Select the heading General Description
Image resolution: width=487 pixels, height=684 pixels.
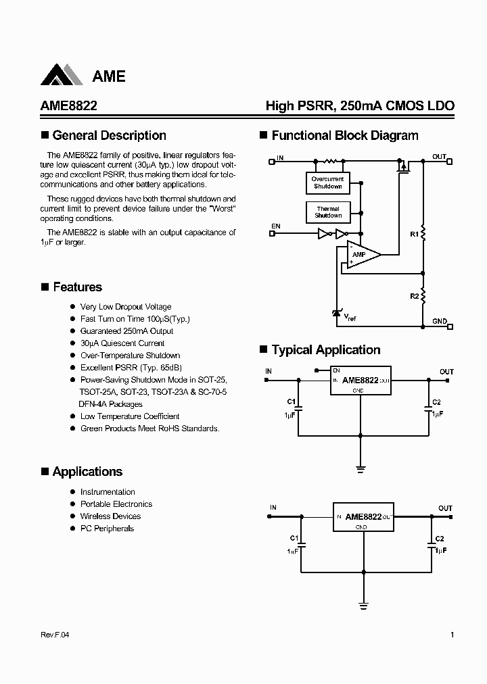109,135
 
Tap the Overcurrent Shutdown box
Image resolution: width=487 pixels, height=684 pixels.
327,182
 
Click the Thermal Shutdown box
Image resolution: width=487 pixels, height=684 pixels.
327,212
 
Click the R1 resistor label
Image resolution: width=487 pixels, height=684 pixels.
414,234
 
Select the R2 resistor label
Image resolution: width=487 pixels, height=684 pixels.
414,296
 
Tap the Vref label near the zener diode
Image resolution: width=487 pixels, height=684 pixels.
350,316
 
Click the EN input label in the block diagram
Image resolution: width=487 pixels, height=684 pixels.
276,226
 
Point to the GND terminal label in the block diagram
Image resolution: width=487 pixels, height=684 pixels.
440,322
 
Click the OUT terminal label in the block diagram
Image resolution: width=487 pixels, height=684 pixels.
440,157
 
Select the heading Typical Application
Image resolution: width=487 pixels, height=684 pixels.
325,350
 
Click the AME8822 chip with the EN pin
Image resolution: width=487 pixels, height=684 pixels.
361,381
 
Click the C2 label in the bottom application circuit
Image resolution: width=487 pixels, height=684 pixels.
440,539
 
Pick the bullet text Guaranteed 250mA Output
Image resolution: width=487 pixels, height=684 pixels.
126,331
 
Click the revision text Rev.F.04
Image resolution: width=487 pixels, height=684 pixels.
55,635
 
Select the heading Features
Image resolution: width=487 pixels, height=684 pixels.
77,287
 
